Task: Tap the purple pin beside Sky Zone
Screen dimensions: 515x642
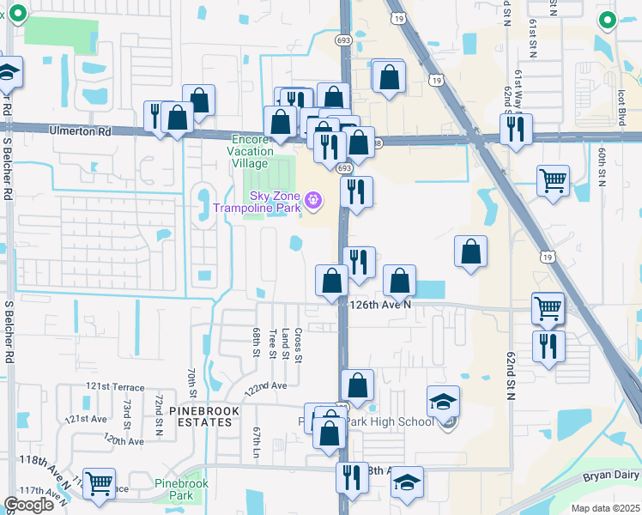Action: [x=314, y=200]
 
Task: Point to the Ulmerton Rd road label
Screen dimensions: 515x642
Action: [x=81, y=132]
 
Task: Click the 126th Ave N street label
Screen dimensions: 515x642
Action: [x=381, y=304]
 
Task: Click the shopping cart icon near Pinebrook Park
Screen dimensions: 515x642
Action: [x=100, y=483]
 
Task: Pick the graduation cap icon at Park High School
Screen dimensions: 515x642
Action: [x=444, y=401]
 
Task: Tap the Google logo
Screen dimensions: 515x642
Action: [x=29, y=505]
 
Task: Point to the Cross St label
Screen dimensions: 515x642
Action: [x=298, y=344]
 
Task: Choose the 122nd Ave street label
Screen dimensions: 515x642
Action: [x=265, y=386]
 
